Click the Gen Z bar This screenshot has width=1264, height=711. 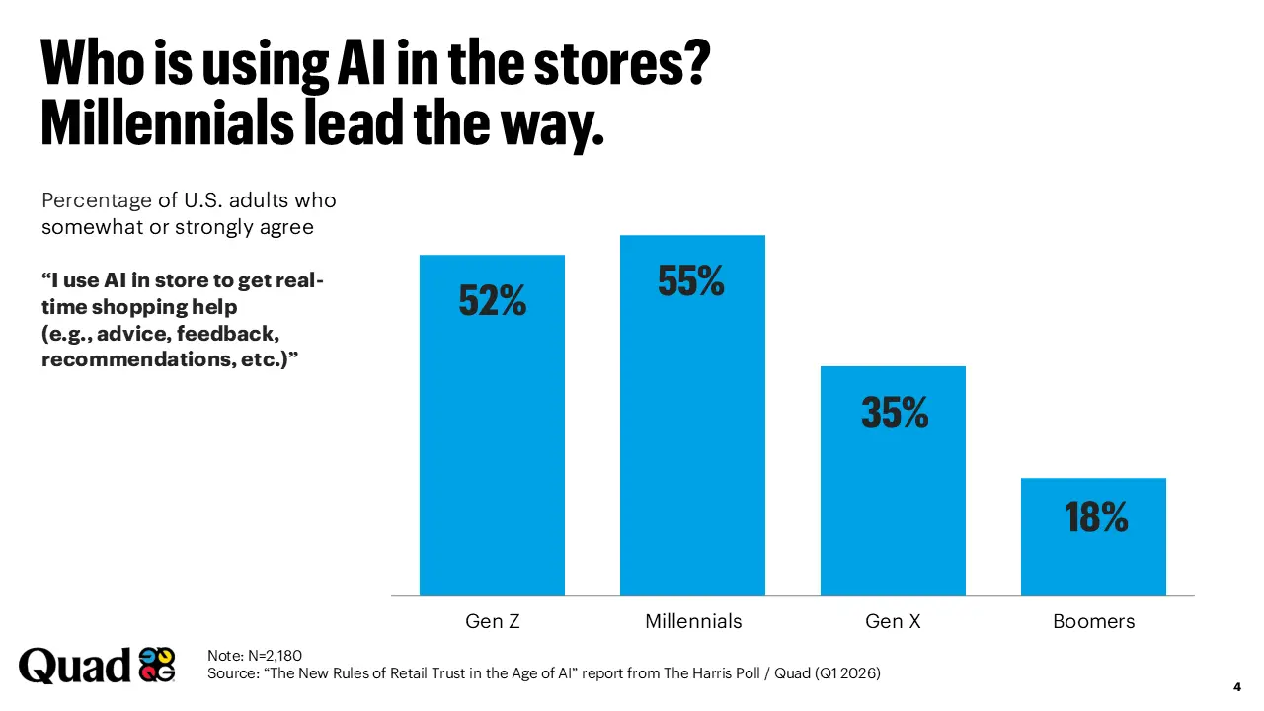coord(492,444)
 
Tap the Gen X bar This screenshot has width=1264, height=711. coord(893,494)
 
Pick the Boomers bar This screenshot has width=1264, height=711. coord(1093,553)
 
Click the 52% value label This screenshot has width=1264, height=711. coord(492,301)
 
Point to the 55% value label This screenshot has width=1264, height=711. coord(691,281)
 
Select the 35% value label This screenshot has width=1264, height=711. coord(894,412)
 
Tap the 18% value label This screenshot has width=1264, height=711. coord(1095,516)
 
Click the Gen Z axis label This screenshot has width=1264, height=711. coord(492,622)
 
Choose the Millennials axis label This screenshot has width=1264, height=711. coord(693,622)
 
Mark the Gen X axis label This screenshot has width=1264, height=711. coord(893,622)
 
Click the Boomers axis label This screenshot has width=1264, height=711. coord(1093,622)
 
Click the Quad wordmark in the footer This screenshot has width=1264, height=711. coord(74,666)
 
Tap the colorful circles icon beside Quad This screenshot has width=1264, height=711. coord(157,665)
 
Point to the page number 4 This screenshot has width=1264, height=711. coord(1237,686)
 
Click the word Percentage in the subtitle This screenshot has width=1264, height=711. coord(97,200)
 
